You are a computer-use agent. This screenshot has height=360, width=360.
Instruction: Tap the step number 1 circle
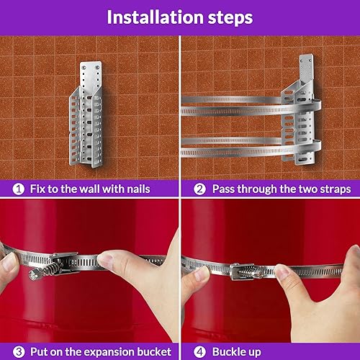(x=17, y=189)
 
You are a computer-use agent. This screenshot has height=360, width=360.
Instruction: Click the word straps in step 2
(x=332, y=189)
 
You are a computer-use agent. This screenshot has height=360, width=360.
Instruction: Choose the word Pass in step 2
(x=224, y=189)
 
